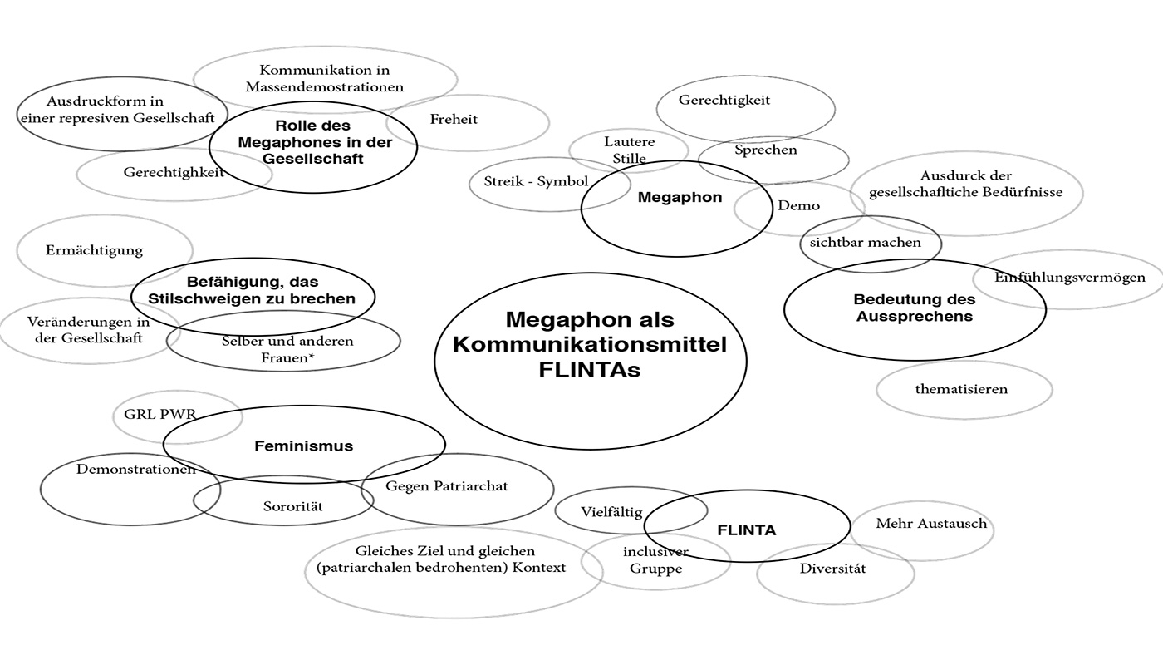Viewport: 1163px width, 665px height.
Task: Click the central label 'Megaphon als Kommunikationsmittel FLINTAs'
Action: pos(590,344)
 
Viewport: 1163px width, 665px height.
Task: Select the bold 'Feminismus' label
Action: pos(303,446)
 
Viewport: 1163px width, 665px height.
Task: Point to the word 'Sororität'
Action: pos(293,506)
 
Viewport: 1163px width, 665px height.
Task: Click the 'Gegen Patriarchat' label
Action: pos(446,485)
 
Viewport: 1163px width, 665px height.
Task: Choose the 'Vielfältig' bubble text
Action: pos(611,512)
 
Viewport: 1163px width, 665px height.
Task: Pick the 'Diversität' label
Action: pos(832,569)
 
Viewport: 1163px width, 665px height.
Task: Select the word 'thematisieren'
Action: pos(961,388)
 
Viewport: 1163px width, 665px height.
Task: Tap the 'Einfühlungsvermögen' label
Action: pos(1070,278)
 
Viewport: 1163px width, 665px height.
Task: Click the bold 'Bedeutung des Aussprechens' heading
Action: pos(913,308)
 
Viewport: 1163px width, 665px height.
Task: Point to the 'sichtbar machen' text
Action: pos(866,243)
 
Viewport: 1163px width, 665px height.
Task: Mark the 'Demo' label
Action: pos(798,205)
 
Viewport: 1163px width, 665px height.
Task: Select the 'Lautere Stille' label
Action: pos(629,150)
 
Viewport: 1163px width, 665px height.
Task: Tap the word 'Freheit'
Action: pos(454,119)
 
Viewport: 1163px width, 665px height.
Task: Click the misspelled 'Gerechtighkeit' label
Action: pos(174,172)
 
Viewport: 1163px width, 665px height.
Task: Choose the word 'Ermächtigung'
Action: pos(94,249)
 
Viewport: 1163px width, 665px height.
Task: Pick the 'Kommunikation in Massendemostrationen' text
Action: pos(324,78)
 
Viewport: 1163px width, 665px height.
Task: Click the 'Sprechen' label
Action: pos(765,150)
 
